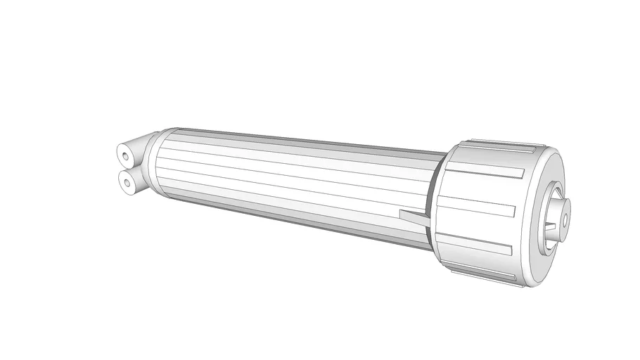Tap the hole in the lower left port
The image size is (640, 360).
[127, 183]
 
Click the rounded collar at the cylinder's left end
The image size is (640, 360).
[156, 165]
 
